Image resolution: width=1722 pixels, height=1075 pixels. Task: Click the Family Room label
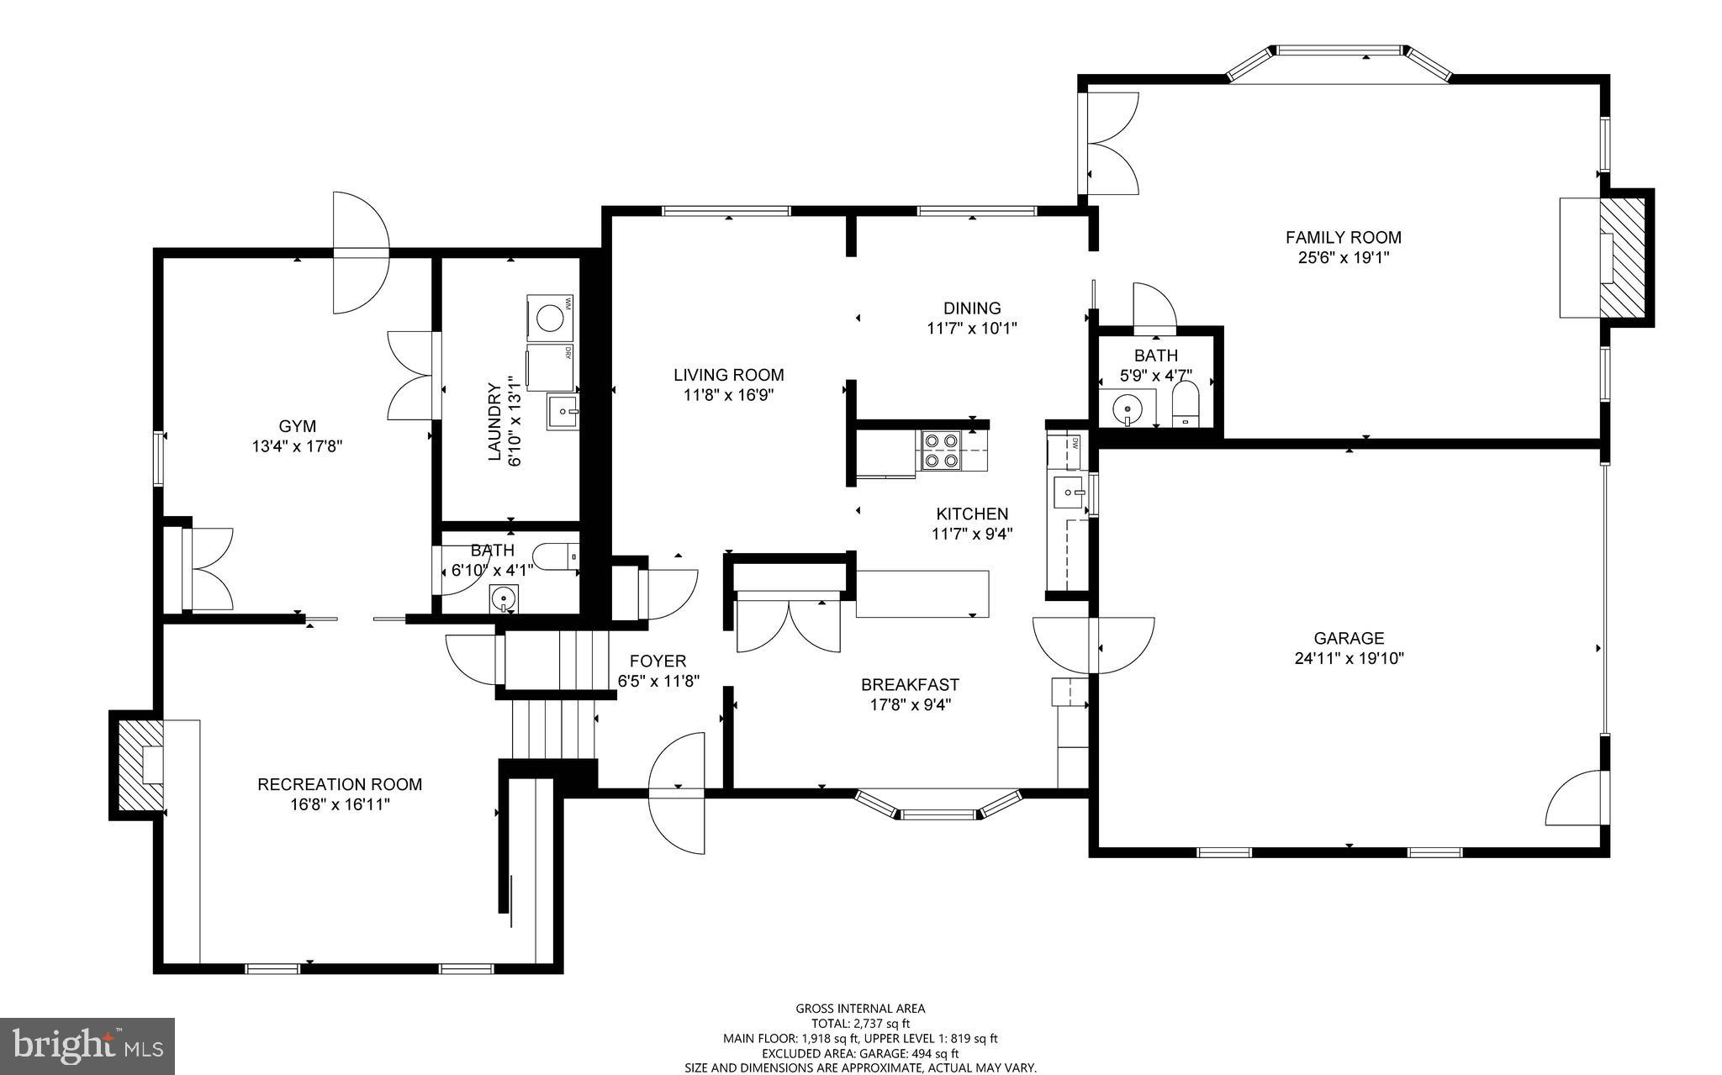point(1343,238)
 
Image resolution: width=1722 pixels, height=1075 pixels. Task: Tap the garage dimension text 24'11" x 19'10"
point(1349,658)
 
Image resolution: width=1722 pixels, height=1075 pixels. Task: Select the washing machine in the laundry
point(551,318)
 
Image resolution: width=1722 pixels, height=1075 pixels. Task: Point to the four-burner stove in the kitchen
point(940,450)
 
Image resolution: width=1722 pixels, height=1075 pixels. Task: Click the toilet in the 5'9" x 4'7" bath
point(1185,405)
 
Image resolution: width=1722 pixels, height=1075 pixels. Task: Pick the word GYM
point(297,427)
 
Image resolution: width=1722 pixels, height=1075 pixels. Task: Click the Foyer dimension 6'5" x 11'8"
point(658,682)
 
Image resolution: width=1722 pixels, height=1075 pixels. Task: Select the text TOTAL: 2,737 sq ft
point(860,1024)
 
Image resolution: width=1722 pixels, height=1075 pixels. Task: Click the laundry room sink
point(563,412)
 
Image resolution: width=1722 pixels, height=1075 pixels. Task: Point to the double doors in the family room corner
point(1110,142)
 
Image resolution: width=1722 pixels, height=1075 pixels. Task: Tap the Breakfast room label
point(910,685)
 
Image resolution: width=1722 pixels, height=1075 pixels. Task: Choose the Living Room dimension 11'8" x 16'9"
point(728,395)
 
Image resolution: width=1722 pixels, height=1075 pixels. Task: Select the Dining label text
point(971,308)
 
